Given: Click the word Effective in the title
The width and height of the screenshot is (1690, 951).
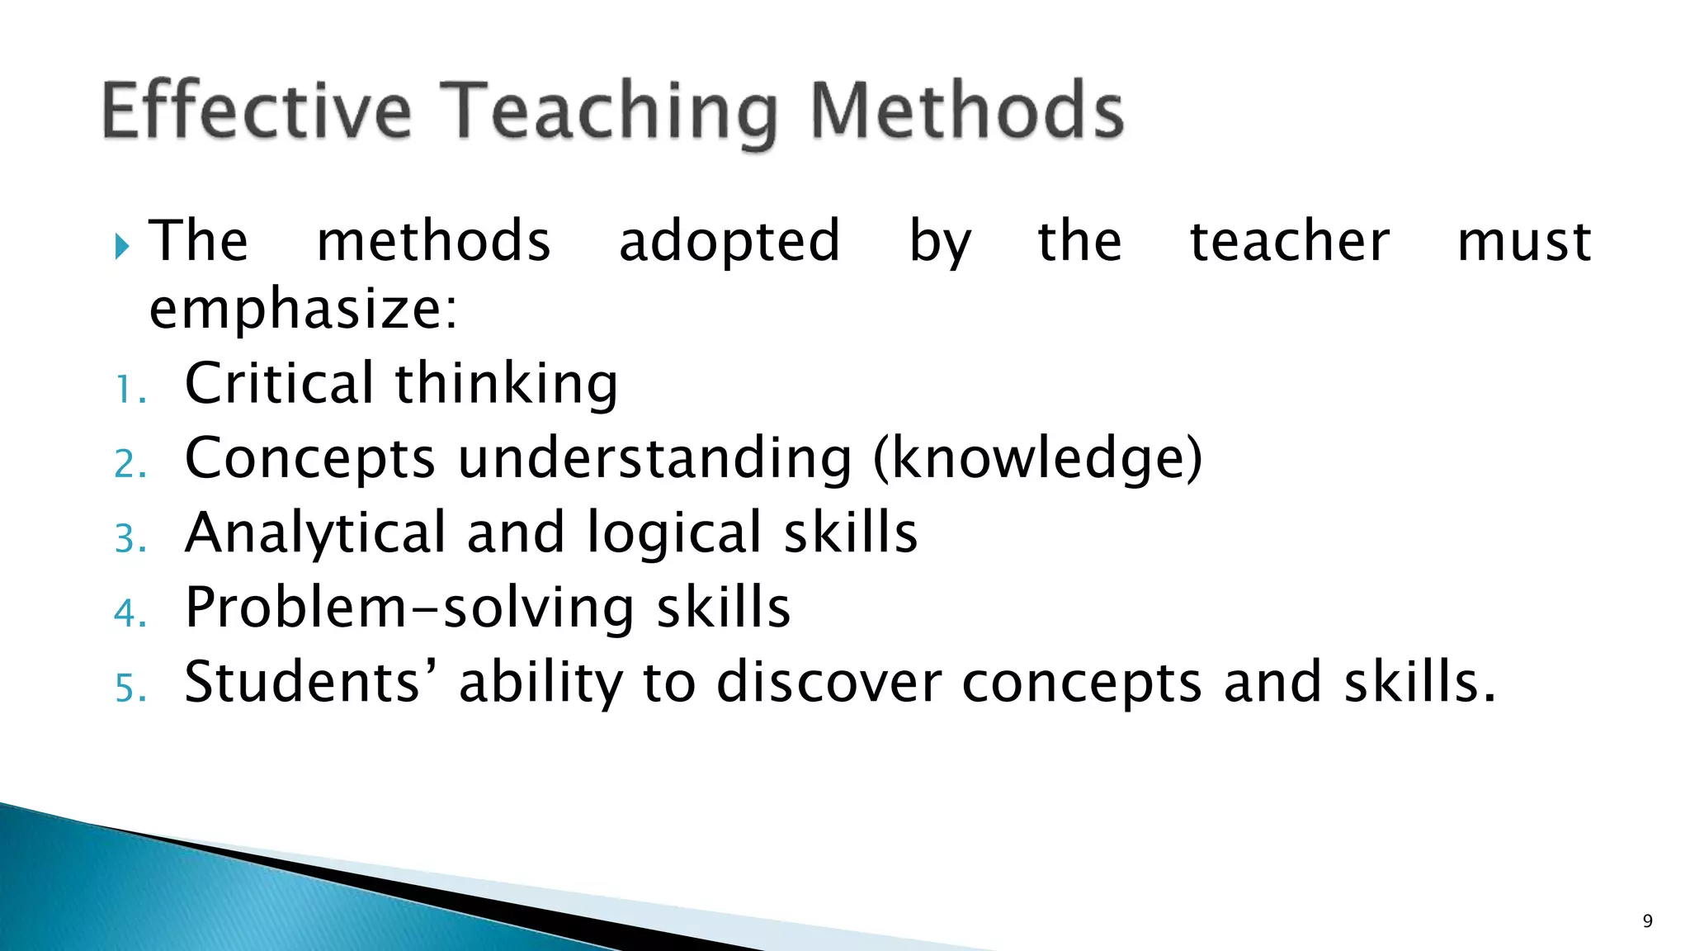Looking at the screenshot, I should click(x=256, y=111).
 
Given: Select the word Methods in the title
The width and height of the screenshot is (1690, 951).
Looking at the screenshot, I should click(x=967, y=111).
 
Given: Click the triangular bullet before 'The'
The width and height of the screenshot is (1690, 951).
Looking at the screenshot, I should click(x=123, y=245).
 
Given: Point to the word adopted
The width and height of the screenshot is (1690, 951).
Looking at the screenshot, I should click(x=729, y=242).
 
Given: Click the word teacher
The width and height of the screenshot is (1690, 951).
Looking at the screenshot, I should click(x=1290, y=242).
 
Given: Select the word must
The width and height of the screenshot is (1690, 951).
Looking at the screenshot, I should click(x=1524, y=242).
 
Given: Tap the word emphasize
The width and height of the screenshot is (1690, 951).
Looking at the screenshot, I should click(x=303, y=310).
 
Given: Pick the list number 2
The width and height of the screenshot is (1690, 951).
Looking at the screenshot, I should click(x=129, y=464).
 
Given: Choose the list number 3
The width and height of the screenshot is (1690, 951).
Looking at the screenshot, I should click(x=129, y=539).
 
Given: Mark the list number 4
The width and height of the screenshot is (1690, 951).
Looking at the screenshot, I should click(x=129, y=613).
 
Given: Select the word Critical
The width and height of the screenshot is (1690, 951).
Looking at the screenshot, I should click(x=280, y=383).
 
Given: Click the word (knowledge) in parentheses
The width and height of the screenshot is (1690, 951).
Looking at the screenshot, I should click(x=1037, y=459).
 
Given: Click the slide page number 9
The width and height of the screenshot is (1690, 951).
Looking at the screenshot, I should click(x=1647, y=921).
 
